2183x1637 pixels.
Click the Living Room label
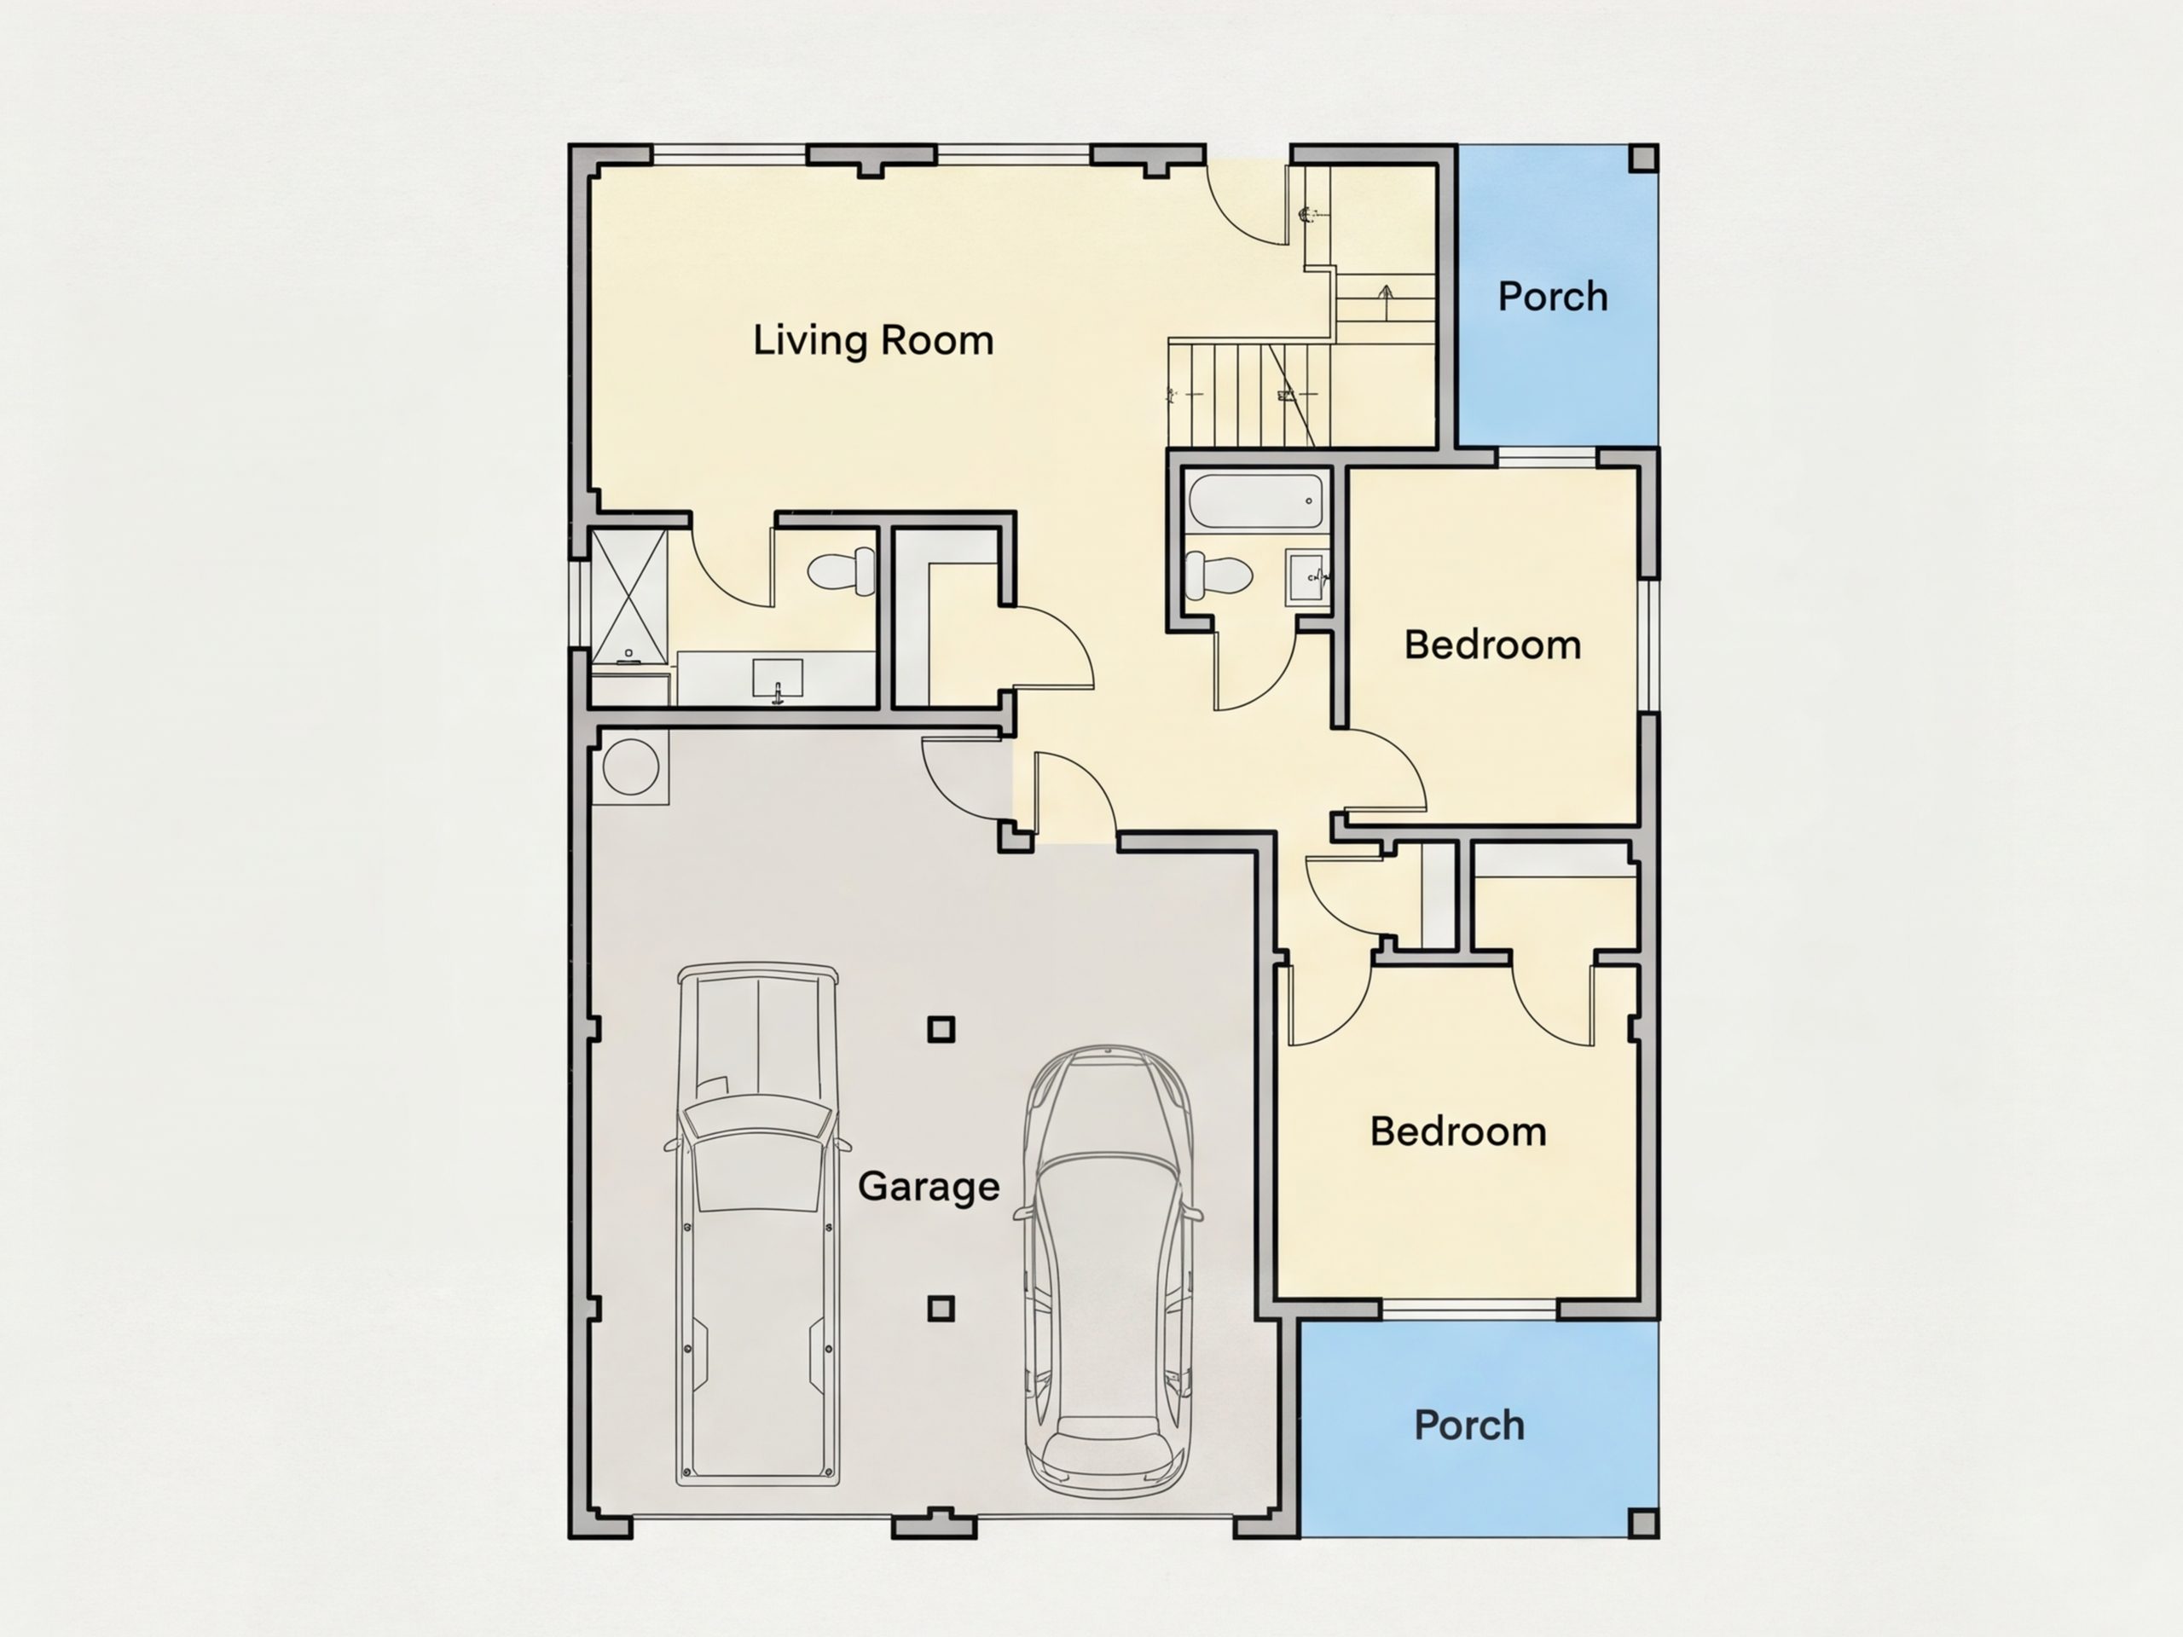tap(873, 340)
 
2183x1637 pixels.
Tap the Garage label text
tap(929, 1186)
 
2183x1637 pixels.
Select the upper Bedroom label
tap(1492, 645)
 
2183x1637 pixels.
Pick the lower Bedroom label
tap(1457, 1131)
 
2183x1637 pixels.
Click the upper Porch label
tap(1552, 296)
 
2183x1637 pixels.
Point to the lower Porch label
tap(1468, 1425)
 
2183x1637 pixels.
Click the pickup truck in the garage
tap(757, 1223)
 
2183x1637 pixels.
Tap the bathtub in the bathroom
tap(1255, 501)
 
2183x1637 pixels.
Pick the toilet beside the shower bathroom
tap(842, 570)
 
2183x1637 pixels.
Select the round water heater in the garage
tap(631, 766)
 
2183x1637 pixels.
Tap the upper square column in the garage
tap(941, 1029)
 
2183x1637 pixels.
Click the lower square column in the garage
tap(941, 1309)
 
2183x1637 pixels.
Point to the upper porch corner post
tap(1643, 158)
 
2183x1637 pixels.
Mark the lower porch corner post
tap(1643, 1523)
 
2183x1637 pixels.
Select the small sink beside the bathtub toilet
tap(1309, 577)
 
